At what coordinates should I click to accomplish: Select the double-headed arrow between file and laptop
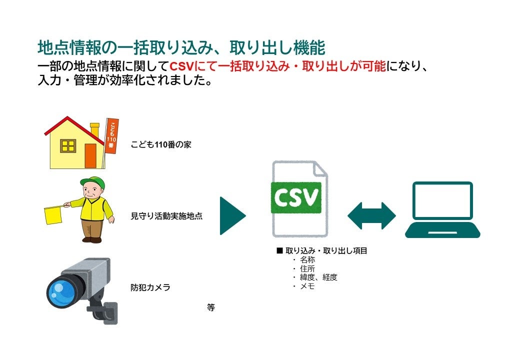point(371,215)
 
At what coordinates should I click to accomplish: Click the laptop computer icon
point(442,209)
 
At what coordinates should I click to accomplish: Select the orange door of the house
point(90,155)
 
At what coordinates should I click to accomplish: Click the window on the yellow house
point(68,146)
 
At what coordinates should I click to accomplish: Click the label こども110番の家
point(161,145)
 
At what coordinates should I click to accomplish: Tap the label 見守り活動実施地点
point(166,216)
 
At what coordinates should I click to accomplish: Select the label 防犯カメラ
point(150,287)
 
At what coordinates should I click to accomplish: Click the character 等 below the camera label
point(210,307)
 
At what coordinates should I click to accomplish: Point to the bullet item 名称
point(307,260)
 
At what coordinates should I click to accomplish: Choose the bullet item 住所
point(307,269)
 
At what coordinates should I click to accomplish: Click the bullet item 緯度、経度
point(318,277)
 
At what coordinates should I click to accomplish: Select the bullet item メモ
point(307,286)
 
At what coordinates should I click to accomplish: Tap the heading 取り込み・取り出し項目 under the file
point(326,251)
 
